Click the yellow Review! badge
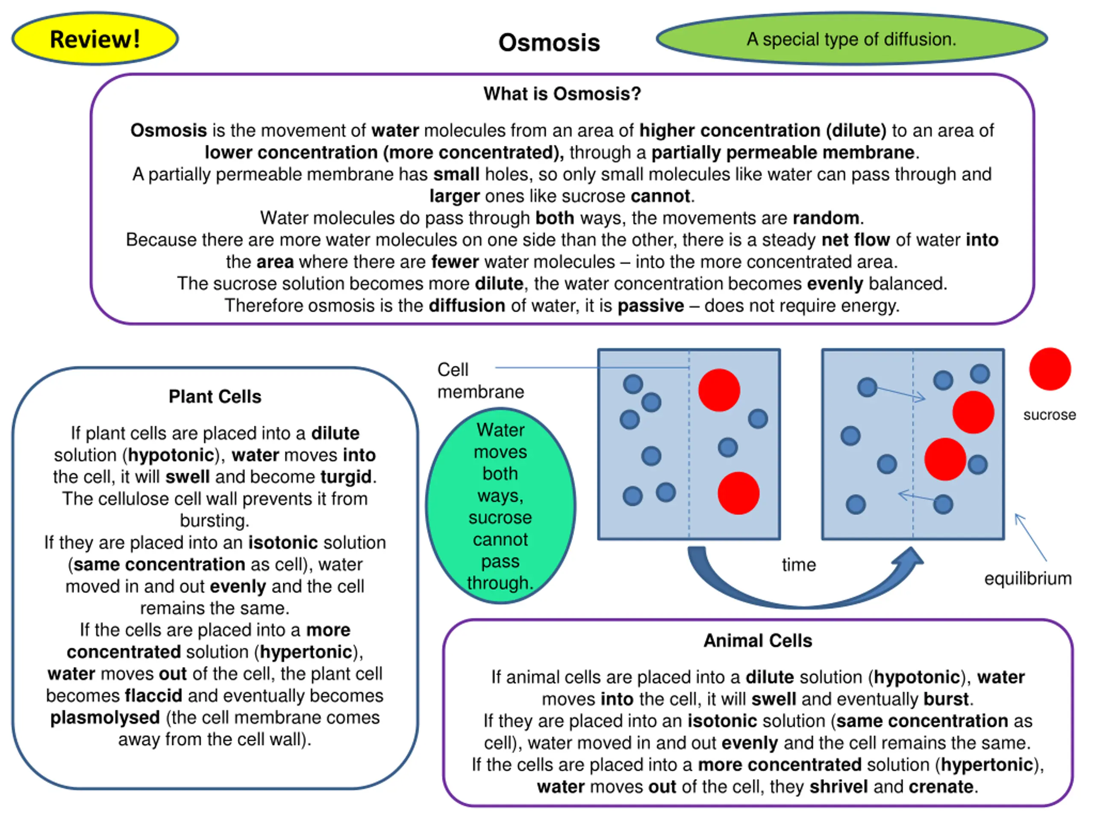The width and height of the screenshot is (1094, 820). point(95,38)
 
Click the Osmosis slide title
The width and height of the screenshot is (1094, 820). point(549,43)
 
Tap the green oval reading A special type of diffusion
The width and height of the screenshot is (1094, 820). point(852,38)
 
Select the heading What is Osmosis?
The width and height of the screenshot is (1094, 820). point(562,94)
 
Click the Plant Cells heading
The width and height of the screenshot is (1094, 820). point(215,396)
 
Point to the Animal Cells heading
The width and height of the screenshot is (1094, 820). point(758,641)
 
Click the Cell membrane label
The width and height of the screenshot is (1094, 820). point(480,381)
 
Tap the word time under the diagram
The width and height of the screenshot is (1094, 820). point(799,565)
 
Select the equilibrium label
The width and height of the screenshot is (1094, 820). point(1028,578)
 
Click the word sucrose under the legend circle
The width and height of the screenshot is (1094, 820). point(1050,415)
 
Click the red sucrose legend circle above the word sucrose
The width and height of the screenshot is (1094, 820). point(1050,369)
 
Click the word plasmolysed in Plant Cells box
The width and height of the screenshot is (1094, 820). point(105,717)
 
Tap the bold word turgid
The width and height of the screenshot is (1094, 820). point(346,477)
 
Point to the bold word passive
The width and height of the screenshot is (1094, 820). point(651,306)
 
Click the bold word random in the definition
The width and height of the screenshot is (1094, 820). point(826,218)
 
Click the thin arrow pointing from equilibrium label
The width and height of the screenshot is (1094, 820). point(1031,537)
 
